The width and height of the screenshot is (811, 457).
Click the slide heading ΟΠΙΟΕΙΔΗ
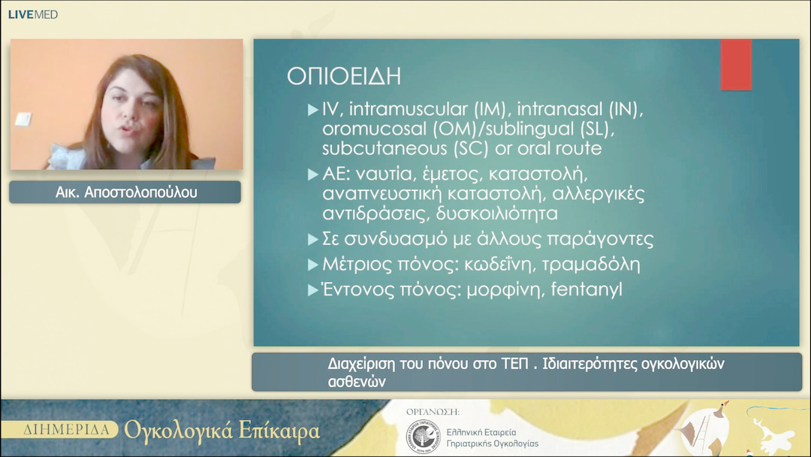click(x=344, y=77)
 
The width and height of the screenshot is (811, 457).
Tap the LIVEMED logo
click(x=33, y=14)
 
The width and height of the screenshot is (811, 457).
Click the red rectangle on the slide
click(x=736, y=65)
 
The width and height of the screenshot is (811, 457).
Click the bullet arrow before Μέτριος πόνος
click(x=313, y=265)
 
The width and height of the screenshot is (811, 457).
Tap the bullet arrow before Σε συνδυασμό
click(x=313, y=241)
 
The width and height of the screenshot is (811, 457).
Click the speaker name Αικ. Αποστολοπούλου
click(x=125, y=192)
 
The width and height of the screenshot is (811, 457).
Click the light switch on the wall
click(x=23, y=120)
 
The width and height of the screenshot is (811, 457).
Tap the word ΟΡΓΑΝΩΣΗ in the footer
click(x=433, y=412)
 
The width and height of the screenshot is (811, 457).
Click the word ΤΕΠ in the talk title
click(x=516, y=364)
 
